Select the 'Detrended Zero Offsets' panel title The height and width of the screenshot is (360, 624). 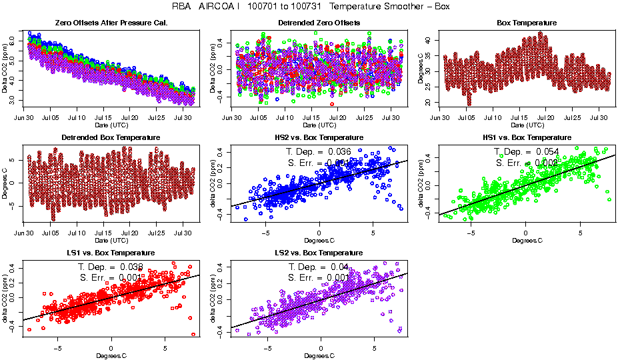tap(318, 23)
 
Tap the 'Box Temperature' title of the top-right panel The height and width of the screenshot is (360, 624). tap(527, 23)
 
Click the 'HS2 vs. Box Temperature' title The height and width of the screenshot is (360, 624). tap(318, 137)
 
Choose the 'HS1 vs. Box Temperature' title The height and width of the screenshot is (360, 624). tap(527, 137)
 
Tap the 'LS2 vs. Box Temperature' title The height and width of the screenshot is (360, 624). tap(318, 253)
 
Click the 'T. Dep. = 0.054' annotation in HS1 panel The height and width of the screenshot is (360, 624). tap(526, 151)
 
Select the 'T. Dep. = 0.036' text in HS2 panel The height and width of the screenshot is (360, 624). tap(318, 151)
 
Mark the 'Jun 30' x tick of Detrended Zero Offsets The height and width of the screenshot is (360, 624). tap(232, 118)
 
